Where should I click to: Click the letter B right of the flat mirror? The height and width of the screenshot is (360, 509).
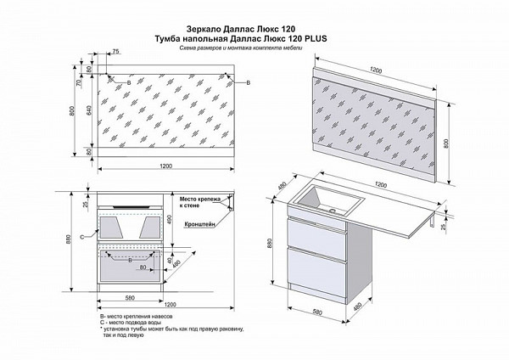247,83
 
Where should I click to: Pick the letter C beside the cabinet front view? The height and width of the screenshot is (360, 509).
81,235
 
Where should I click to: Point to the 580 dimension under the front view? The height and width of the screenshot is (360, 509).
129,297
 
